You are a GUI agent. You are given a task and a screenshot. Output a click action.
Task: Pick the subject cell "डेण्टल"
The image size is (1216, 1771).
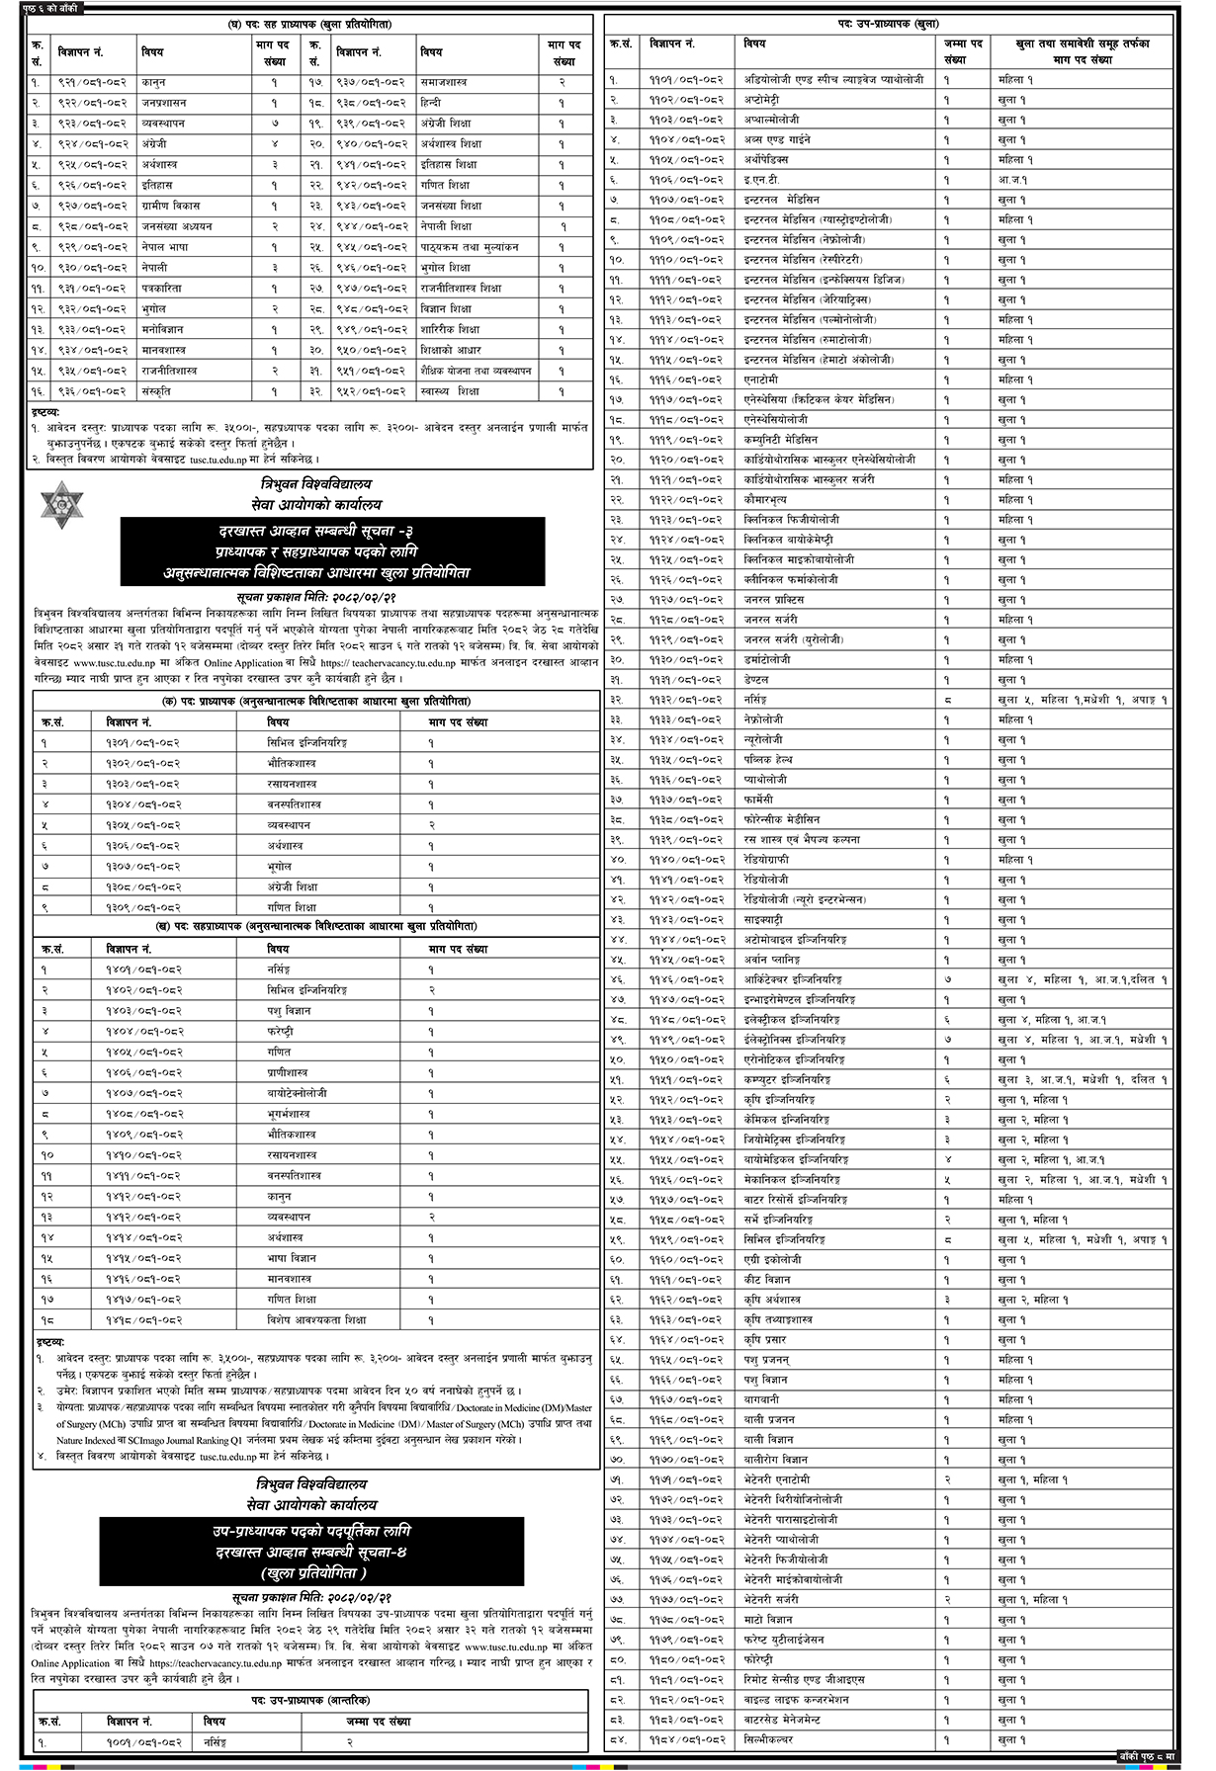click(760, 680)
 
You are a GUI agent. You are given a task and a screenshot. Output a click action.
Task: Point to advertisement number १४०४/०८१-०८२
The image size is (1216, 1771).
click(144, 1032)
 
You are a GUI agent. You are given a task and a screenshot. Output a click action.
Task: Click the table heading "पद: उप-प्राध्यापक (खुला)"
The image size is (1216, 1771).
click(899, 23)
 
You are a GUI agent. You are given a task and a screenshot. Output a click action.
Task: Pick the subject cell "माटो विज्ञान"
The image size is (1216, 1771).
click(771, 1619)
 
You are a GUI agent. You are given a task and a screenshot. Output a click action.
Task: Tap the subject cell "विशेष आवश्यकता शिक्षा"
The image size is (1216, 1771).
click(315, 1319)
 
